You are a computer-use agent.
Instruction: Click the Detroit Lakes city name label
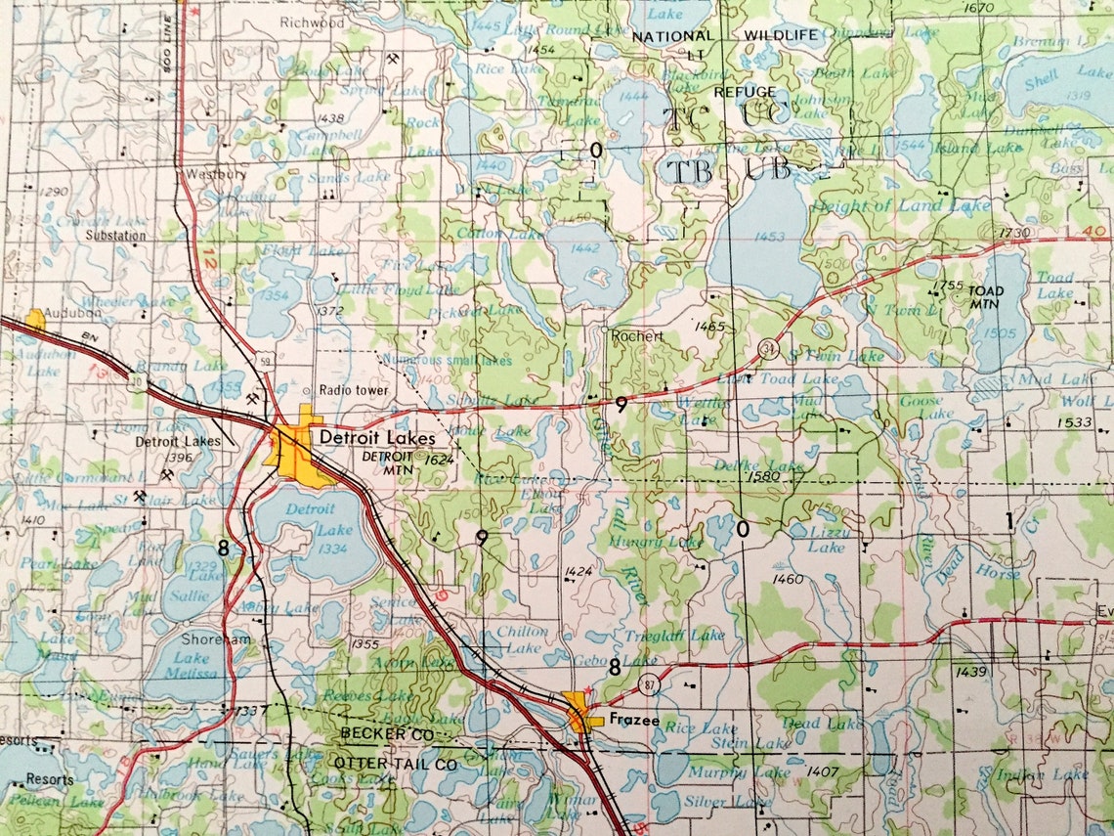tap(377, 439)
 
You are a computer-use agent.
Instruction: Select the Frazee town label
tap(634, 722)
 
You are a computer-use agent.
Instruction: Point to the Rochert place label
tap(636, 335)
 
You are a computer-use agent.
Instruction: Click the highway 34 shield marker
tap(770, 348)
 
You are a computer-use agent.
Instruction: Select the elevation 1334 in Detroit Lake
tap(332, 550)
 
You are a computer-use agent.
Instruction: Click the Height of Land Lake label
tap(887, 205)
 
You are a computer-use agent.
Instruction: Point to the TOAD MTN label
tap(985, 297)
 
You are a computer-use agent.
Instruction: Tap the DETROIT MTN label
tap(388, 462)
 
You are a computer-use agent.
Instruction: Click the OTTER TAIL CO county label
tap(395, 762)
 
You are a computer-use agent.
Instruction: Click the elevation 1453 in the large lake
tap(770, 237)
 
